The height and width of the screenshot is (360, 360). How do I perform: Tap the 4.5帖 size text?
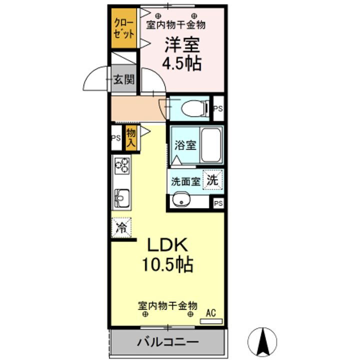tap(182, 63)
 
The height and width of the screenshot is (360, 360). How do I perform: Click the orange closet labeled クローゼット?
tap(123, 29)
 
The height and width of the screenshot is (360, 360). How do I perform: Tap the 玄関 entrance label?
tap(123, 79)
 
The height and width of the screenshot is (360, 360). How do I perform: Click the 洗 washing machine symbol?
tap(213, 180)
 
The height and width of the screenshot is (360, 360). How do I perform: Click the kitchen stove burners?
tap(121, 165)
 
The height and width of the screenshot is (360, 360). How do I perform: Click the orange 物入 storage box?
tap(131, 137)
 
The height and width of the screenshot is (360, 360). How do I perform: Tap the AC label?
tap(211, 314)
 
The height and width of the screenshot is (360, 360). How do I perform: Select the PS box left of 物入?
tap(116, 138)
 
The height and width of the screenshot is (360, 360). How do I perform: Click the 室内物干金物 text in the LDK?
tap(167, 305)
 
